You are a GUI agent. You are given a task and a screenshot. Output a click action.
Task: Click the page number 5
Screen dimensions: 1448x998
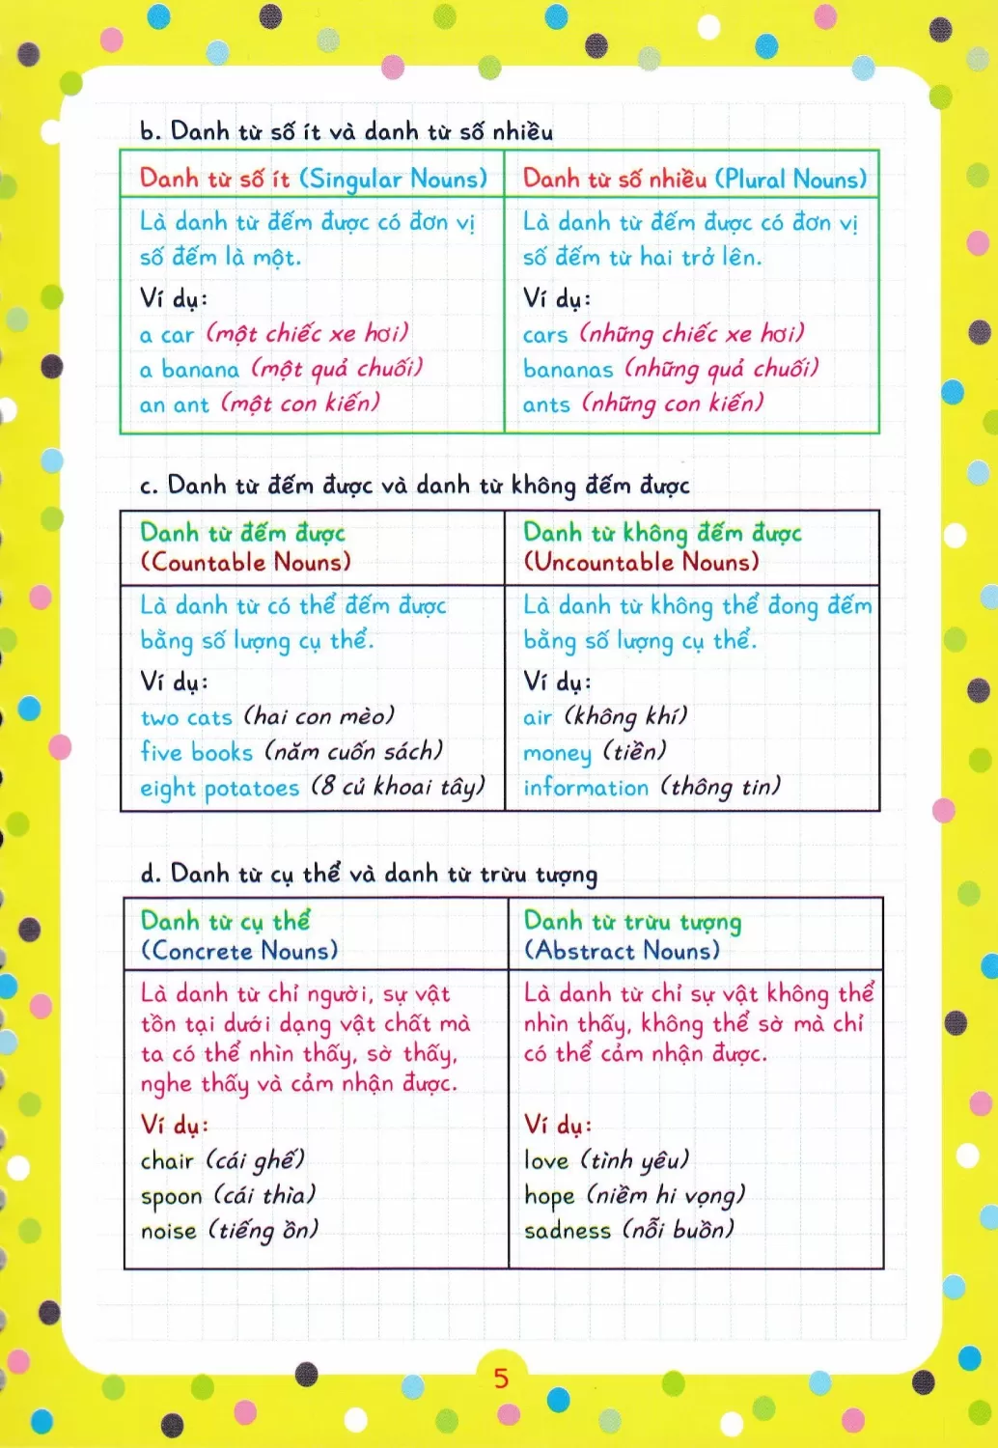point(501,1378)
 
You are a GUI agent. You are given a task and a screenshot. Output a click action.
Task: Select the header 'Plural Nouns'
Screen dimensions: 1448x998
point(790,180)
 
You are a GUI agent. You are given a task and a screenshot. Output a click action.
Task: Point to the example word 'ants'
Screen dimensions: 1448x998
point(546,404)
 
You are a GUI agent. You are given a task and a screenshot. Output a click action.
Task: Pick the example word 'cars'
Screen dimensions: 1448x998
point(545,335)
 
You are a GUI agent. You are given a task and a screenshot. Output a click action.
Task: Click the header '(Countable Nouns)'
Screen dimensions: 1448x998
point(246,562)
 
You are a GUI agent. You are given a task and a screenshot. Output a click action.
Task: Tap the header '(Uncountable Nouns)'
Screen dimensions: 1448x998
point(641,562)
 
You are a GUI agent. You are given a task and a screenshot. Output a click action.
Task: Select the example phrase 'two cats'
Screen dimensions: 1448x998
point(186,717)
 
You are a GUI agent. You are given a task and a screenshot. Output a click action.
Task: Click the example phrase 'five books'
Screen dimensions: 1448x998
point(196,752)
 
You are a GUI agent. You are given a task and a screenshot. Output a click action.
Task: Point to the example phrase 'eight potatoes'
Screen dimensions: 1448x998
point(220,788)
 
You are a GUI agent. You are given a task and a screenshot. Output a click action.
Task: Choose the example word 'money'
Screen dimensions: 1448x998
point(557,753)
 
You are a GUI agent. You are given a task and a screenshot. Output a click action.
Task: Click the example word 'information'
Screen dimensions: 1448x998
point(586,788)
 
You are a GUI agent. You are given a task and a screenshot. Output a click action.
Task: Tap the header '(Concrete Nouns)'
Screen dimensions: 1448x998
point(239,951)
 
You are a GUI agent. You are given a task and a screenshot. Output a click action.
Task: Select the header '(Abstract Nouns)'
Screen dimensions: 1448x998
point(623,951)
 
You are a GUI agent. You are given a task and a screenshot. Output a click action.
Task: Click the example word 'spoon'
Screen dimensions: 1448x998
point(172,1197)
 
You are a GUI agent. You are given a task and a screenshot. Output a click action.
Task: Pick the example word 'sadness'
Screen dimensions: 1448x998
point(568,1231)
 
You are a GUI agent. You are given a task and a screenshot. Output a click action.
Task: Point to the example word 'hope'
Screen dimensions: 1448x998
point(549,1196)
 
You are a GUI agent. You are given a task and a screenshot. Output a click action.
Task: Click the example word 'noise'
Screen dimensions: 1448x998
point(169,1231)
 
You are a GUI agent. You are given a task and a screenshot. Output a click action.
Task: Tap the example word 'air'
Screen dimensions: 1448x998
point(538,717)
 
